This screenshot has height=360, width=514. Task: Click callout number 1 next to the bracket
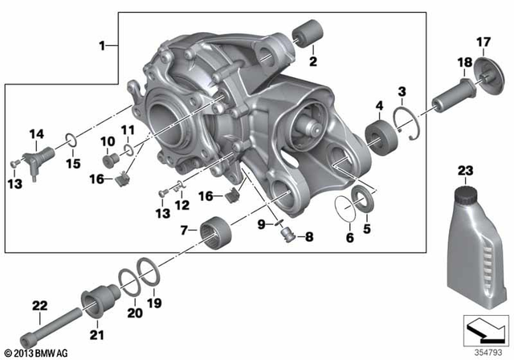pyautogui.click(x=102, y=45)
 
